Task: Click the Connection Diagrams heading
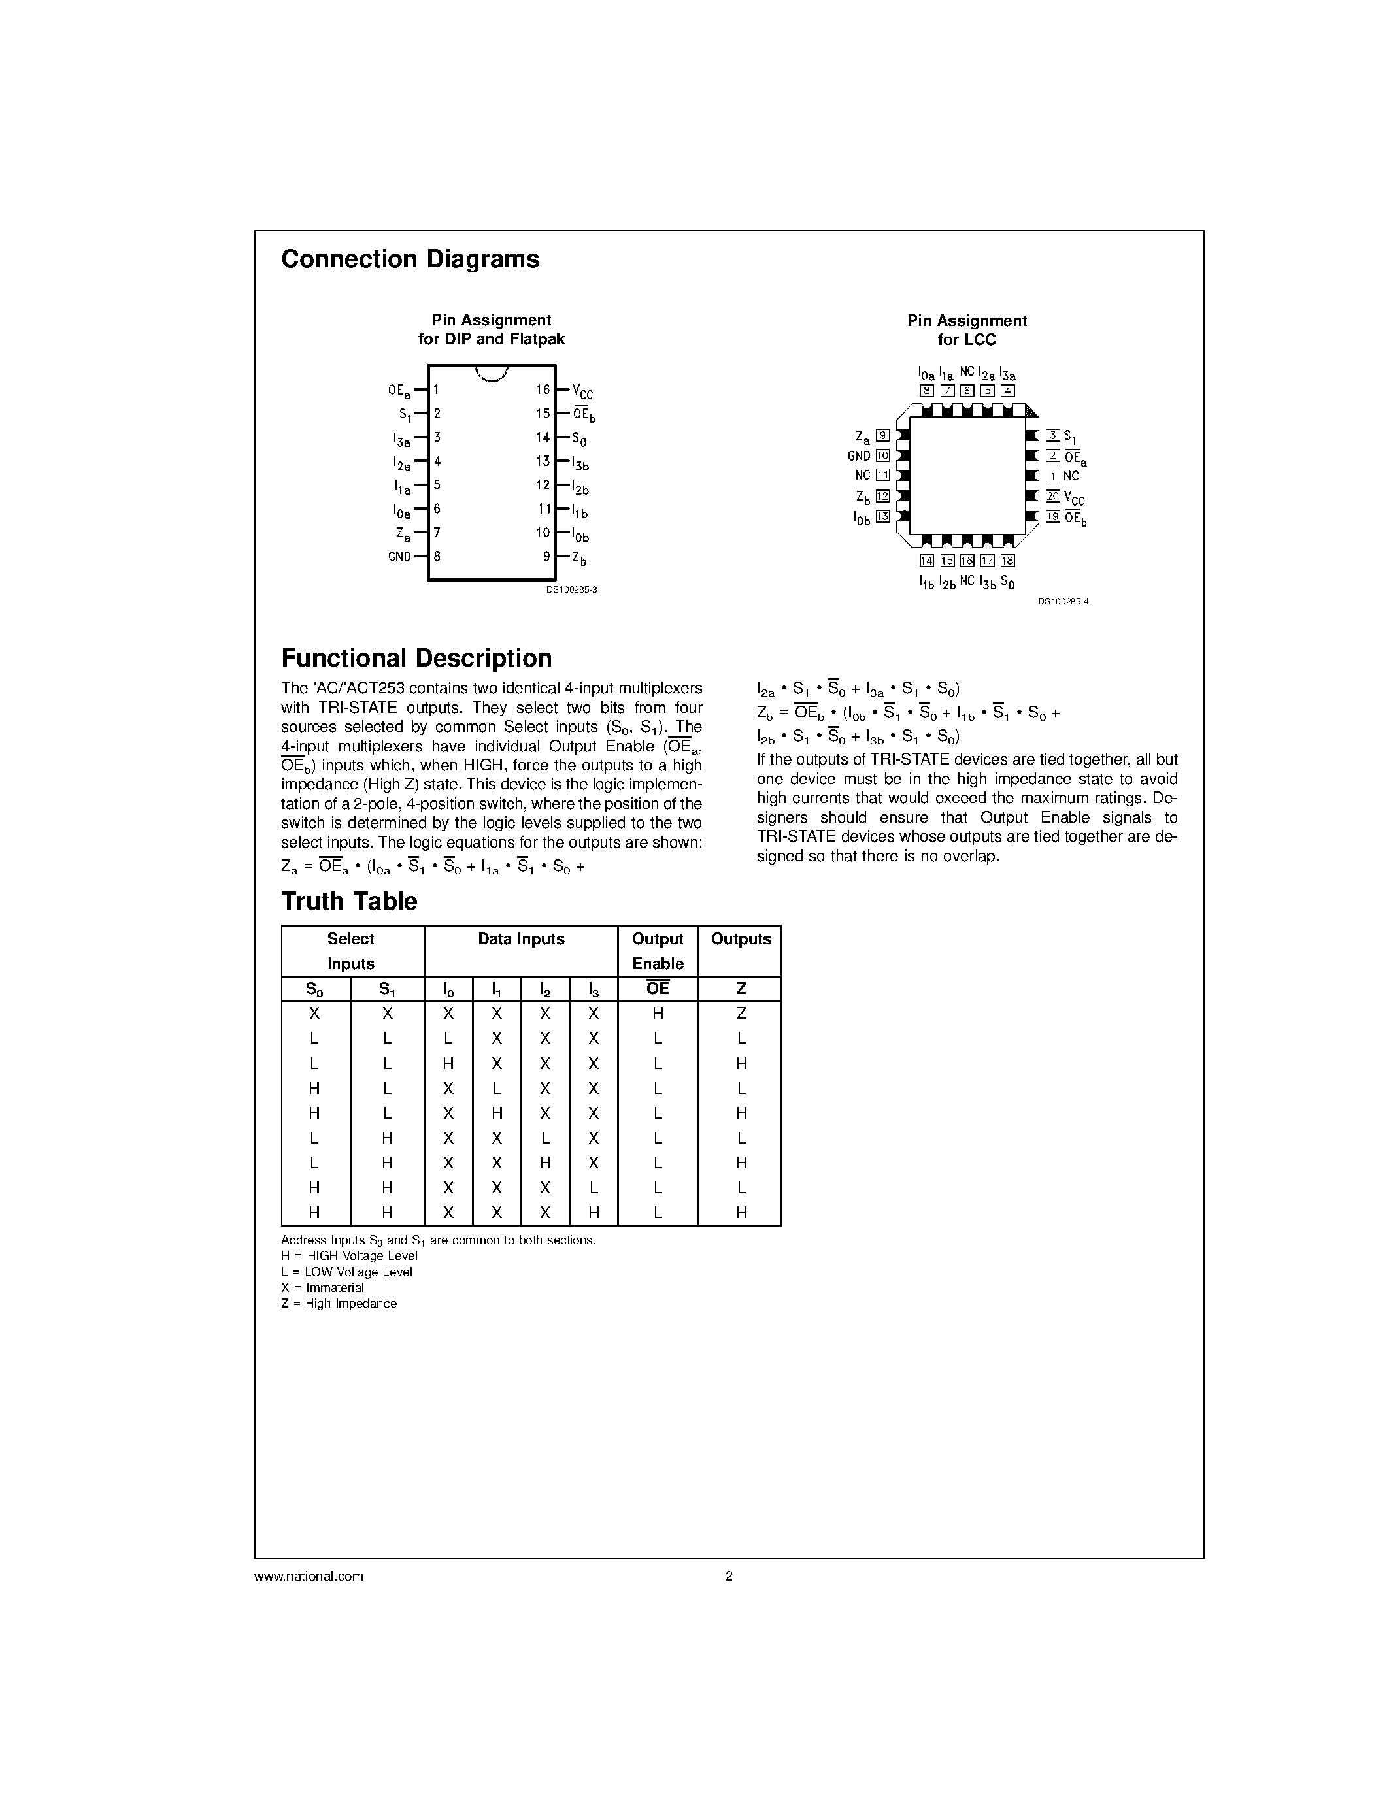pos(410,259)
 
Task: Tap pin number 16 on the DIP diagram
pos(543,389)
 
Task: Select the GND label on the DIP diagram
pos(399,556)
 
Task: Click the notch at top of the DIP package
pos(492,374)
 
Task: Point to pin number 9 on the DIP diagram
pos(546,556)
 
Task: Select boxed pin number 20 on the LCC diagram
pos(1052,496)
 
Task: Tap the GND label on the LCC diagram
pos(859,456)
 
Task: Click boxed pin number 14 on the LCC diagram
pos(927,560)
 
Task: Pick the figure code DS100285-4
pos(1062,601)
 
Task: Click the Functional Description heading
pos(416,658)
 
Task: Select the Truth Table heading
pos(349,901)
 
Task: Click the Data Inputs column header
pos(521,939)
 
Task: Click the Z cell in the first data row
pos(741,1014)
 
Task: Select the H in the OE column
pos(658,1014)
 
